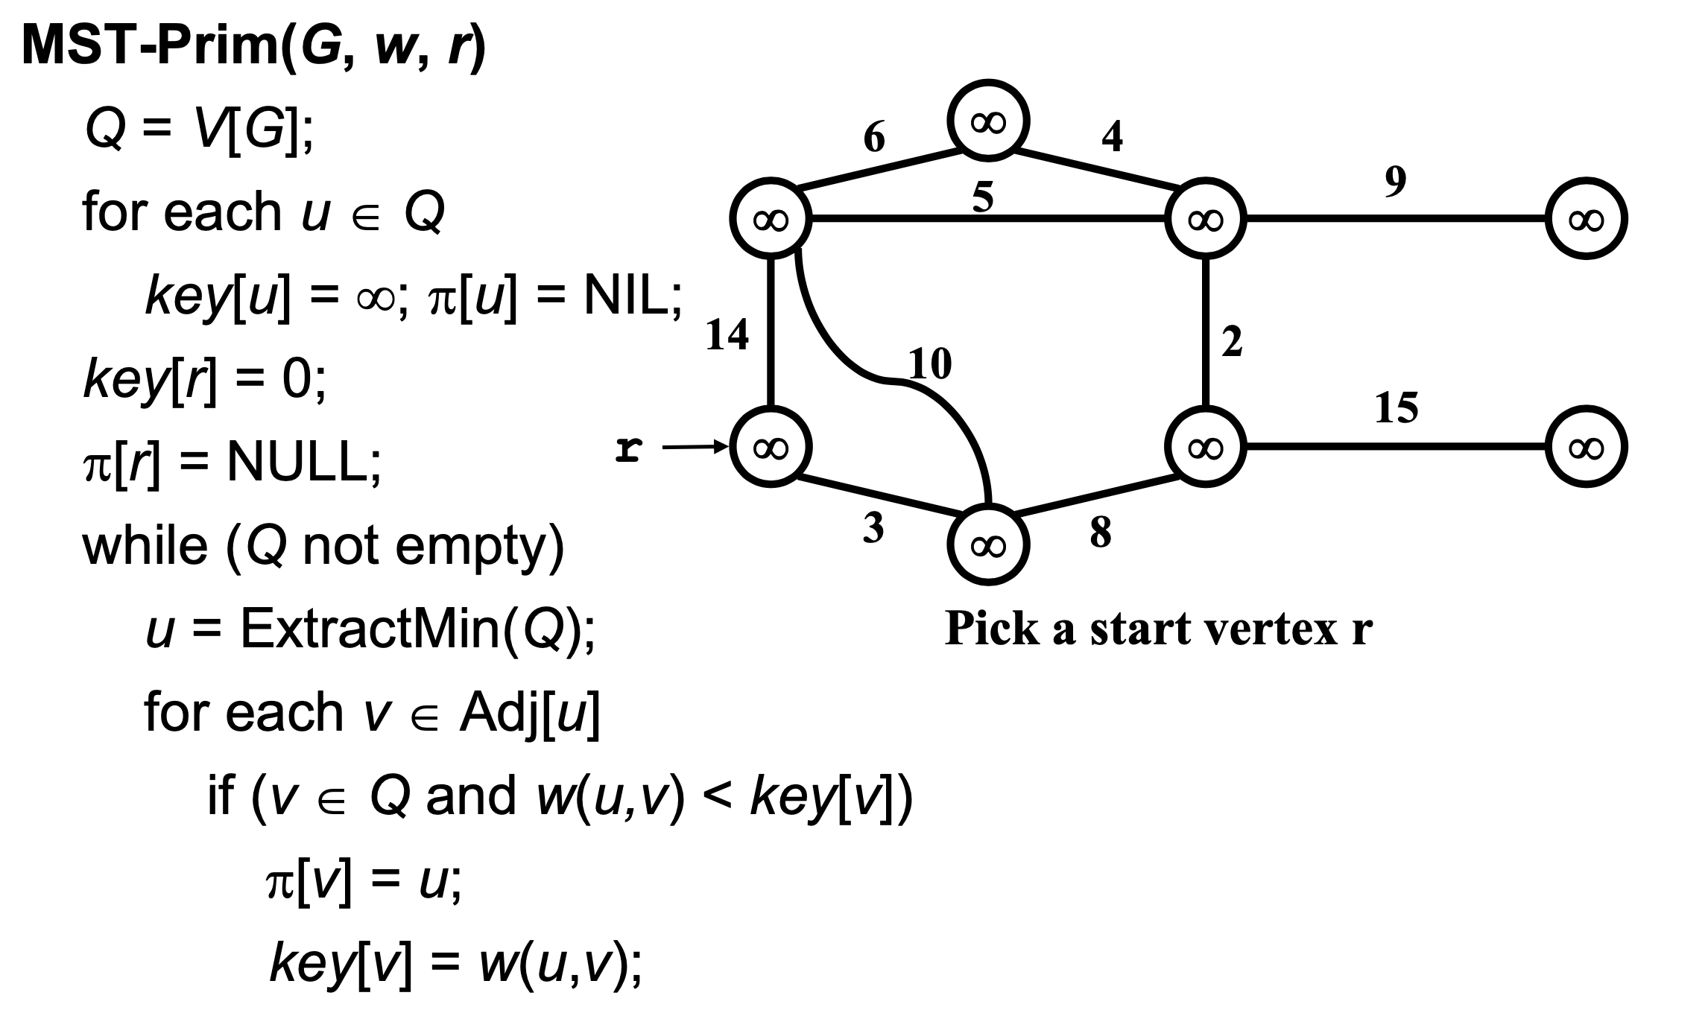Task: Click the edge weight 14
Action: (x=727, y=334)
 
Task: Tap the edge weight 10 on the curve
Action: (x=931, y=364)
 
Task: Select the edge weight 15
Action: (x=1396, y=407)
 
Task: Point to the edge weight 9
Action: (x=1396, y=182)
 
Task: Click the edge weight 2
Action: (x=1232, y=342)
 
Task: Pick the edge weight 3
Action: (x=873, y=527)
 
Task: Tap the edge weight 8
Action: (x=1100, y=532)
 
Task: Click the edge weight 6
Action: (x=874, y=137)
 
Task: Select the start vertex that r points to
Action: (x=771, y=447)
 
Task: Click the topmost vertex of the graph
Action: (x=988, y=121)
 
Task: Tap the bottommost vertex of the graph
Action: (x=988, y=545)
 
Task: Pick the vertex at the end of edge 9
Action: (x=1586, y=219)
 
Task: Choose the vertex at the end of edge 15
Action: (x=1586, y=447)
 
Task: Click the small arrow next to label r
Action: (x=693, y=447)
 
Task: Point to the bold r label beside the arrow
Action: (x=629, y=448)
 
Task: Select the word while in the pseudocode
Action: (x=145, y=545)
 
